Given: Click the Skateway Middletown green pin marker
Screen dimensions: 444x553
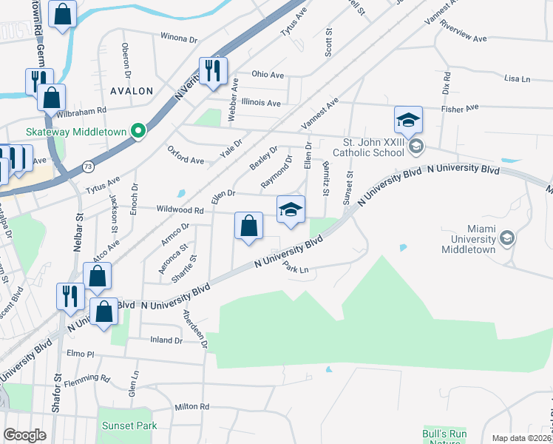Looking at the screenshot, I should [x=138, y=132].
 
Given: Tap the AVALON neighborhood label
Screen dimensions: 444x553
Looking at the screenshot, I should [x=131, y=91].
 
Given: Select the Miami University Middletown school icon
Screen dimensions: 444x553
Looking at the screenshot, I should [x=506, y=238].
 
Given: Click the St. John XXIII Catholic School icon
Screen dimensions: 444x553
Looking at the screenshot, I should [x=416, y=146].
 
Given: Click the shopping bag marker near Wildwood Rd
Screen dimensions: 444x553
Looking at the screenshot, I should [x=249, y=226].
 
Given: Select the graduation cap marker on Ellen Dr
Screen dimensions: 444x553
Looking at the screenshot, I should [x=291, y=210].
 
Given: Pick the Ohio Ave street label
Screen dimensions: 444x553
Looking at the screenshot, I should [x=268, y=75].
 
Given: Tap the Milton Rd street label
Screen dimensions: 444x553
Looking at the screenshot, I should [x=192, y=407].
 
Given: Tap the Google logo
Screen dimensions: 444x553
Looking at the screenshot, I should [x=24, y=435].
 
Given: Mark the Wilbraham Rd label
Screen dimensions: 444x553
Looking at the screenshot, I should [x=86, y=110].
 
